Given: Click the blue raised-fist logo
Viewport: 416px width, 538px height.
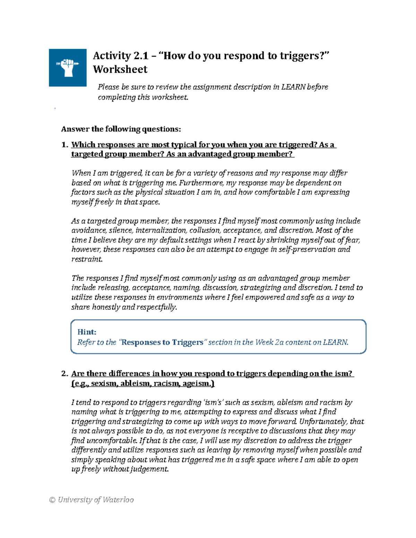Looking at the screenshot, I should click(x=68, y=68).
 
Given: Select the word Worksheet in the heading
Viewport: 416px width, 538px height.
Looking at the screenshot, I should click(x=120, y=69).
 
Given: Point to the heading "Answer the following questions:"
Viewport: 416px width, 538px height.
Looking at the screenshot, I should click(x=121, y=129).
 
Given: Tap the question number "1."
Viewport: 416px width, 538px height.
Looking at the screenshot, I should click(x=65, y=145).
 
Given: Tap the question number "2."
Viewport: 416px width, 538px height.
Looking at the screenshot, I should click(x=65, y=373).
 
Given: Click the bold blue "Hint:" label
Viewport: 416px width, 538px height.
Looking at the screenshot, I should click(x=87, y=332).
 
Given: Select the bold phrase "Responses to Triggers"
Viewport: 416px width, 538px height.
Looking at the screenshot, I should click(x=162, y=342).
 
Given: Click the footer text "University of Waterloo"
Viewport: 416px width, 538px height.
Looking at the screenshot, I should click(x=96, y=500).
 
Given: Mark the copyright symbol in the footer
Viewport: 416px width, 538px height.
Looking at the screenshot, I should click(x=52, y=500).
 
